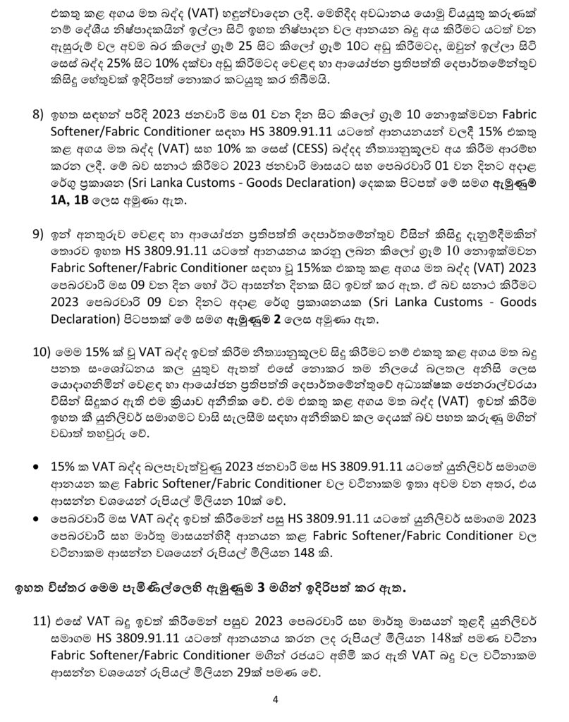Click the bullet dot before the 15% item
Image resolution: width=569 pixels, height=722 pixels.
pos(37,466)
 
